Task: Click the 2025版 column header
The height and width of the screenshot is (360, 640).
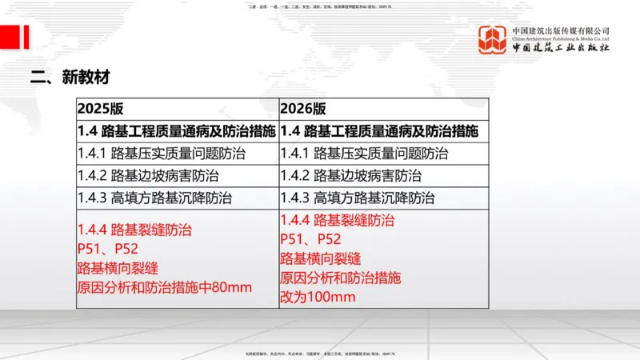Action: point(101,109)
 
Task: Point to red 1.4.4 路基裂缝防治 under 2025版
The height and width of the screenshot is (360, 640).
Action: point(134,230)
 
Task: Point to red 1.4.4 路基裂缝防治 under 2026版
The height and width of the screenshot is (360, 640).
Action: point(337,220)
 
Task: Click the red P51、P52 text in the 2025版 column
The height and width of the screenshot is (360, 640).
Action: point(108,249)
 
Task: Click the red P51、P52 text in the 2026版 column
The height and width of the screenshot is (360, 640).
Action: point(310,239)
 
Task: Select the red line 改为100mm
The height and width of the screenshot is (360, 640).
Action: point(318,297)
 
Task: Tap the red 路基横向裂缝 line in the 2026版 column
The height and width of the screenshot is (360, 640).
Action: point(320,258)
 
